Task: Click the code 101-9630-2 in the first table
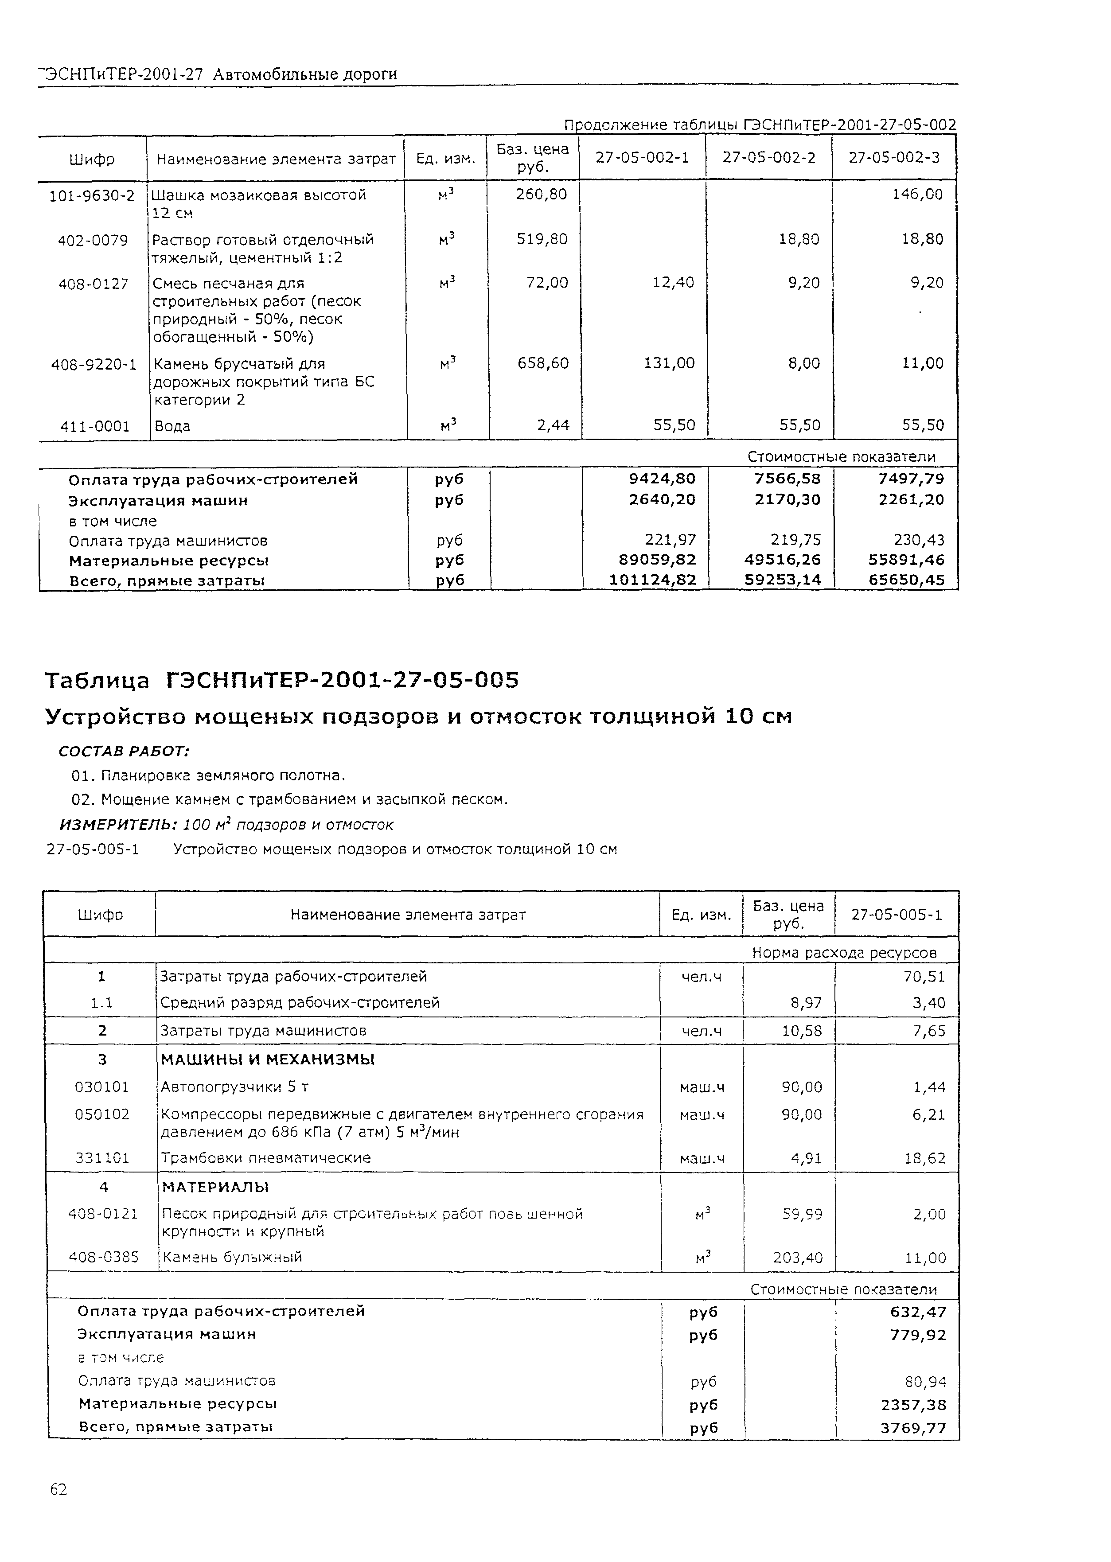click(92, 195)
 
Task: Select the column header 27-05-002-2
click(769, 158)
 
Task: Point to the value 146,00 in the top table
click(917, 194)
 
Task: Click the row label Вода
click(172, 426)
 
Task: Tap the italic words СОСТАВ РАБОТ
click(124, 751)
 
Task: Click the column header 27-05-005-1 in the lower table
click(896, 914)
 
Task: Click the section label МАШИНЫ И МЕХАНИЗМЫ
click(268, 1060)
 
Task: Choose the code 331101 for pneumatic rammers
click(101, 1158)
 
